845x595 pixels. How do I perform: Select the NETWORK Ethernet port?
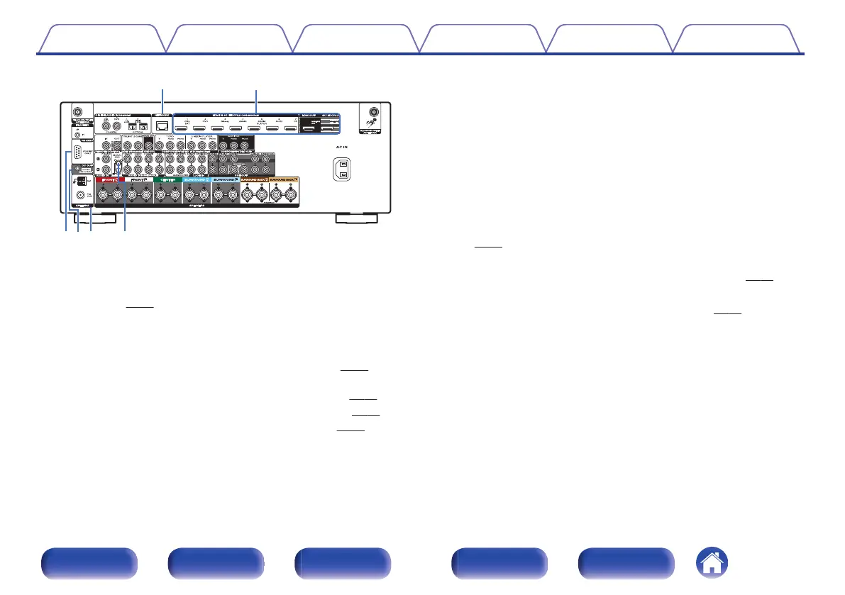point(163,127)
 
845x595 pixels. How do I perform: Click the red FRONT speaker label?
point(110,181)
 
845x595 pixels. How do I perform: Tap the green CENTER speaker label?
point(167,181)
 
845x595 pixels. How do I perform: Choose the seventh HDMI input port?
point(289,130)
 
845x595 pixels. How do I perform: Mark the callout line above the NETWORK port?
point(163,101)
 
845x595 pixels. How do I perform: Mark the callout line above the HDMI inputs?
point(256,101)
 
